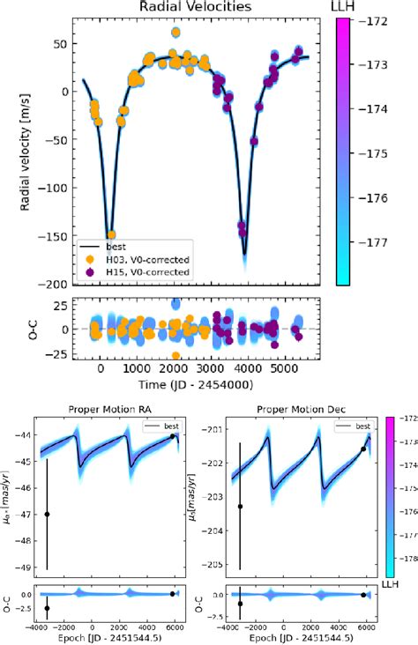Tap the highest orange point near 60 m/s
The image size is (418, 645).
point(175,33)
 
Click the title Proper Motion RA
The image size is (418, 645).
point(109,410)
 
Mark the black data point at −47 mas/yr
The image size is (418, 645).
point(47,515)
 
